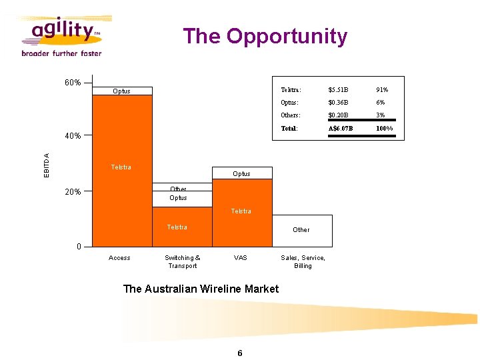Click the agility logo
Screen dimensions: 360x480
tap(61, 36)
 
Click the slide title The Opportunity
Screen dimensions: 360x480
tap(265, 36)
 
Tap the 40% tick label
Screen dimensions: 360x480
tap(73, 136)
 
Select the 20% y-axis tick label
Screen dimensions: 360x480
tap(73, 192)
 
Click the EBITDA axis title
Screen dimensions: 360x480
tap(47, 165)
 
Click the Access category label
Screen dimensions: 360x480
tap(119, 258)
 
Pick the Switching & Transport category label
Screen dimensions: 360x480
tap(182, 262)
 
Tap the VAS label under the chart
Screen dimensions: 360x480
tap(241, 258)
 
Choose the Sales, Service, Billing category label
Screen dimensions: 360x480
tap(303, 262)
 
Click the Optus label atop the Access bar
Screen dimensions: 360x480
tap(121, 91)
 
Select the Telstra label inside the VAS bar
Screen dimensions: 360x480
tap(241, 211)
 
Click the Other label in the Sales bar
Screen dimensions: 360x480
tap(301, 230)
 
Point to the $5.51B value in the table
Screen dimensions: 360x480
tap(338, 89)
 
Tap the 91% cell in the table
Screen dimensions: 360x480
tap(382, 89)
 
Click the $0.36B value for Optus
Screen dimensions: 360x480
tap(338, 103)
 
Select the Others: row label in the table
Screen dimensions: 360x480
tap(291, 115)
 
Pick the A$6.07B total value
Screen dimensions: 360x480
tap(341, 129)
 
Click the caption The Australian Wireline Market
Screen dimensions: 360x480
tap(201, 289)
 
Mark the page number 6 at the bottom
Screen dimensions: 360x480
tap(240, 353)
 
